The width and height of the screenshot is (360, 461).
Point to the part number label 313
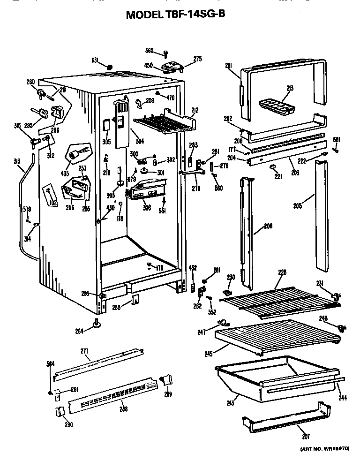(17, 162)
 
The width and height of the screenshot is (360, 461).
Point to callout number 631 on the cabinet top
(95, 60)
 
